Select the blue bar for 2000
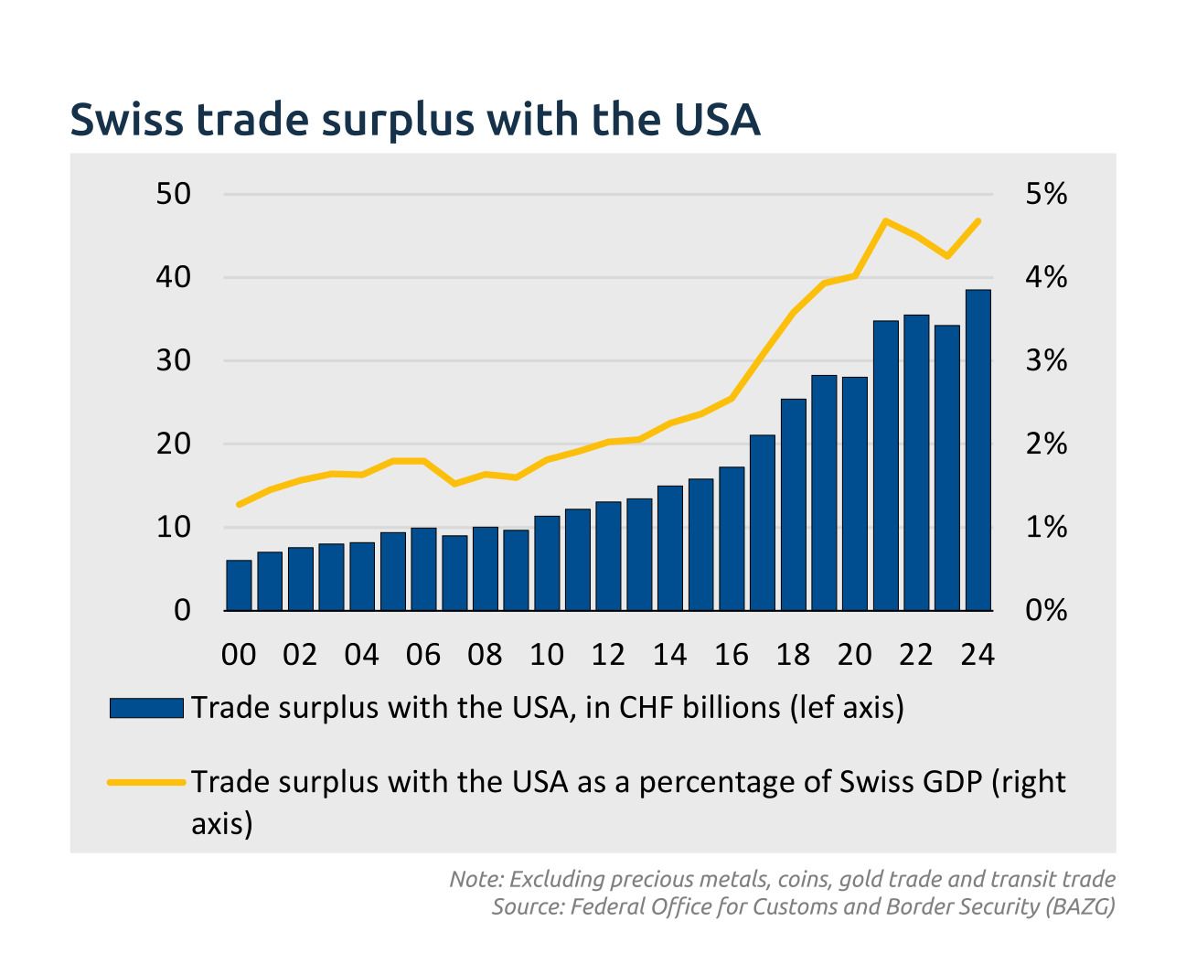point(239,585)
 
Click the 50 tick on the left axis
point(175,195)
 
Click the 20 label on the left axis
point(175,445)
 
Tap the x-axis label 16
point(732,655)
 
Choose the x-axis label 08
point(485,655)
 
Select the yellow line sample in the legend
point(146,783)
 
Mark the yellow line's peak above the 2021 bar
point(885,220)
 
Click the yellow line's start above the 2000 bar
point(239,505)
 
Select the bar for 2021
point(885,466)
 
